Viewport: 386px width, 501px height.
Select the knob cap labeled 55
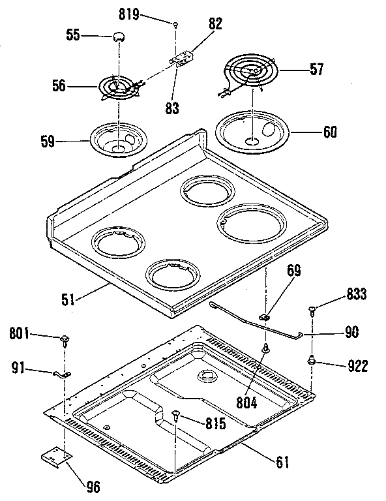pos(118,37)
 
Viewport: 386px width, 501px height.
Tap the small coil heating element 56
pos(117,87)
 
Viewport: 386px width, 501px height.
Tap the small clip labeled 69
pos(265,316)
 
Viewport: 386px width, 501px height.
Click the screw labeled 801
pos(65,339)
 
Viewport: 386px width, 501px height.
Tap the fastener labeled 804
pos(266,350)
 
